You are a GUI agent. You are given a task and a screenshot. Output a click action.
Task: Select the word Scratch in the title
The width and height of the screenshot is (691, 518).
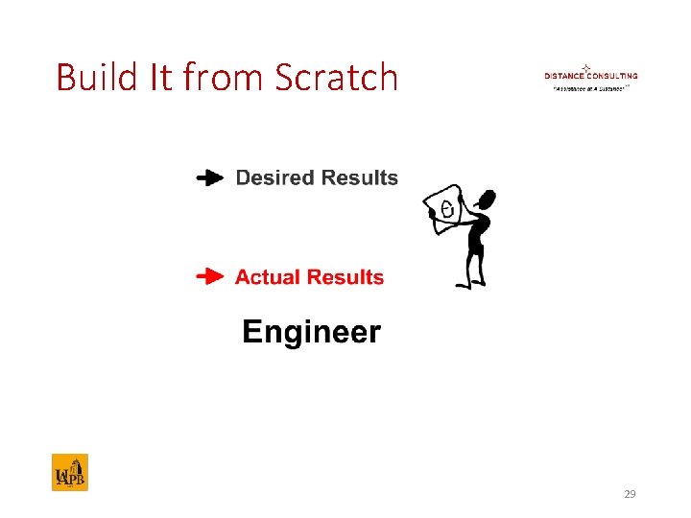tap(336, 77)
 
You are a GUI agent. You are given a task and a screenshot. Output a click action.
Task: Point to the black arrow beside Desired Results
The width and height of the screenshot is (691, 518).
tap(209, 177)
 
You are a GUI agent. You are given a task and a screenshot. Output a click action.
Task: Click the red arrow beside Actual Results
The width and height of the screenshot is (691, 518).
tap(209, 277)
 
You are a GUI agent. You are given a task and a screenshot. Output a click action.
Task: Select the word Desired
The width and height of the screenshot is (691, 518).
tap(275, 177)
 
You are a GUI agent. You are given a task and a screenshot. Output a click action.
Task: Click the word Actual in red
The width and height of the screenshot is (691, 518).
tap(269, 277)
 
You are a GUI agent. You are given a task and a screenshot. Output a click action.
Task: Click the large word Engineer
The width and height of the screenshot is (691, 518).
tap(311, 333)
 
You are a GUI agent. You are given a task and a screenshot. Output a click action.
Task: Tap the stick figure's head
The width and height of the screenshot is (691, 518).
tap(487, 200)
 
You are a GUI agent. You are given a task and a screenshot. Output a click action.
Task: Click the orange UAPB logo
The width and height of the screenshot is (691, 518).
tap(69, 472)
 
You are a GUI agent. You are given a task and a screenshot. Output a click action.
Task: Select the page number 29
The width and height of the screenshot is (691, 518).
tap(630, 494)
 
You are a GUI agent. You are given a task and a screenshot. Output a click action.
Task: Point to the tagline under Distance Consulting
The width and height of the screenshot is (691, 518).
tap(590, 86)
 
